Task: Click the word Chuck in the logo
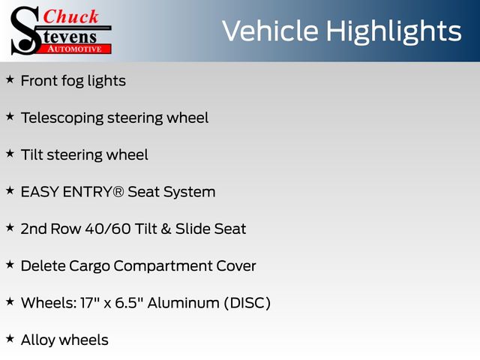pos(70,16)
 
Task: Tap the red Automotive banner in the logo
pos(76,49)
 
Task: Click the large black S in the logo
pos(25,31)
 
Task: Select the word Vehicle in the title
pos(270,31)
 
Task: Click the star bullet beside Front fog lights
pos(10,79)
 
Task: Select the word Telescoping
pos(62,118)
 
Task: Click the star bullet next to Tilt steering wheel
pos(10,153)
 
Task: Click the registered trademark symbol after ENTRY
pos(118,192)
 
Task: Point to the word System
pos(189,193)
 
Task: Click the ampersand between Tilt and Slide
pos(166,229)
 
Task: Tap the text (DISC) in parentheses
pos(247,303)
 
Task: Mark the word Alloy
pos(38,340)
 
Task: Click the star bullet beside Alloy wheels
pos(10,338)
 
